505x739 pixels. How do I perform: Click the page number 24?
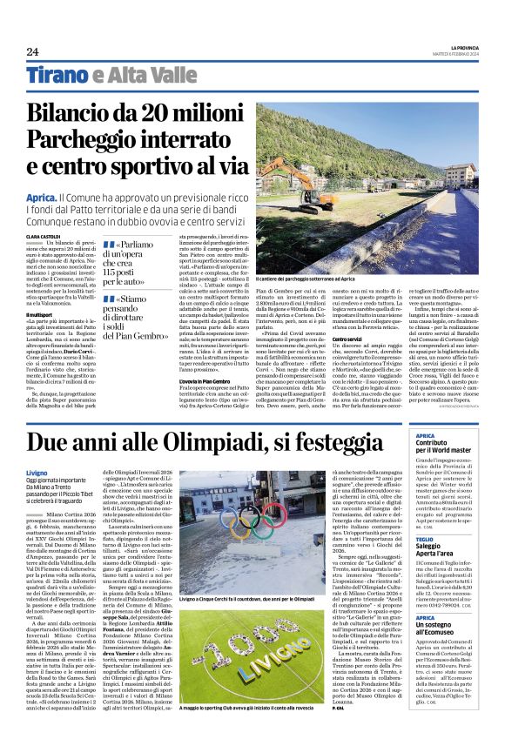point(32,51)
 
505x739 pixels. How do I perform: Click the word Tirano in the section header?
point(57,75)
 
